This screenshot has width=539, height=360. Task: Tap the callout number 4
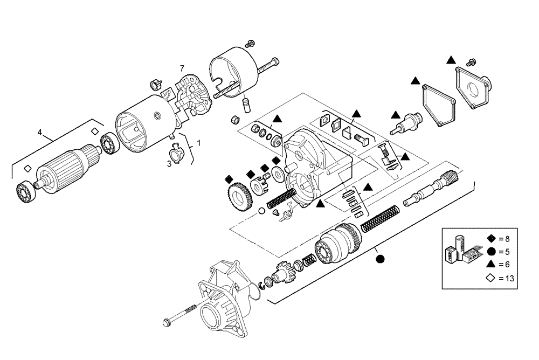pos(40,131)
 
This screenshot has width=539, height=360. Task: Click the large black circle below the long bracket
pos(380,259)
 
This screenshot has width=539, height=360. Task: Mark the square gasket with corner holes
pos(438,105)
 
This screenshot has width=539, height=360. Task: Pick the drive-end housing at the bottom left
pos(222,291)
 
